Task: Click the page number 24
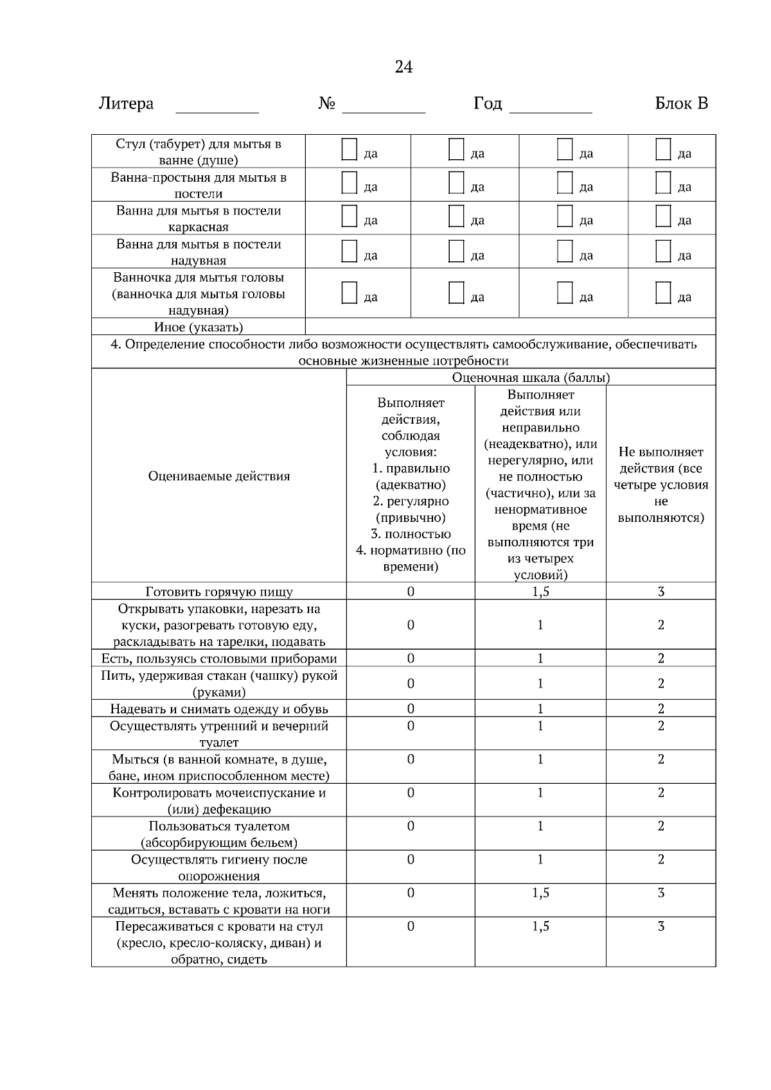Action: coord(403,67)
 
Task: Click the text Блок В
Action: coord(681,103)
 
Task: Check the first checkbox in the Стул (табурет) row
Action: coord(349,150)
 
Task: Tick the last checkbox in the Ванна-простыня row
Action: coord(663,183)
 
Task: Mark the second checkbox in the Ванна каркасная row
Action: coord(456,216)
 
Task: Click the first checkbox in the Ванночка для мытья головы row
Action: coord(349,293)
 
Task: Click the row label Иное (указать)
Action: coord(198,327)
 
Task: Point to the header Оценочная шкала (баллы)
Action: coord(531,377)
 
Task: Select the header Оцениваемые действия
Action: coord(218,476)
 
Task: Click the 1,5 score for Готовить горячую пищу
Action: coord(540,592)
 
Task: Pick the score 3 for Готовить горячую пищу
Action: coord(660,592)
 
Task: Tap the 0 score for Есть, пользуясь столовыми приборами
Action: coord(411,659)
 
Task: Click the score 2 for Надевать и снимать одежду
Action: coord(660,709)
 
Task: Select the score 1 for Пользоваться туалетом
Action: coord(540,826)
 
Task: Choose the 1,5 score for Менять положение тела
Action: coord(540,893)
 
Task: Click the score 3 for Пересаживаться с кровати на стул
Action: coord(660,926)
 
